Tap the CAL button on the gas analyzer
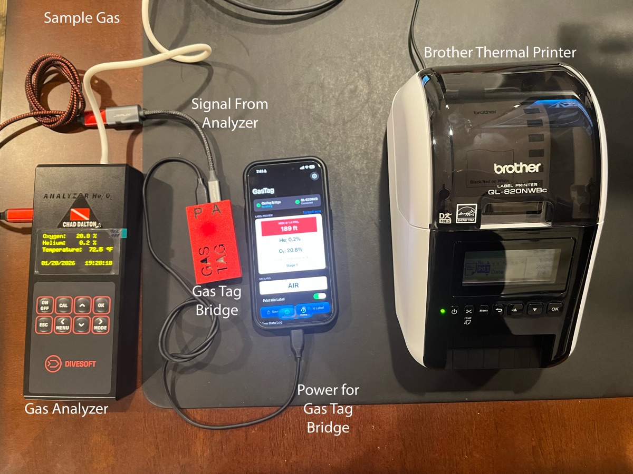(63, 305)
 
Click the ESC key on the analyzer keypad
(44, 325)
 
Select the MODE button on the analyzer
(101, 324)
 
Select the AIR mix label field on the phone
(293, 285)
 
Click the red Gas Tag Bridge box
(213, 240)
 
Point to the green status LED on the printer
(442, 310)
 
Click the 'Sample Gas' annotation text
(82, 18)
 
